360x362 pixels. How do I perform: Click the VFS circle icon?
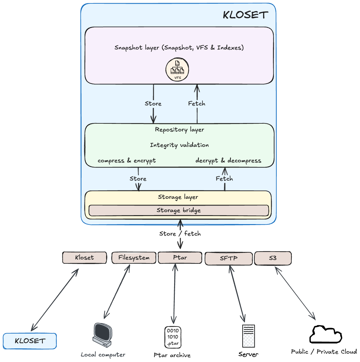point(177,70)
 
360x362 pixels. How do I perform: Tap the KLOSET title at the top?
point(245,15)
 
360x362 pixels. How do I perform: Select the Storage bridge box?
point(179,211)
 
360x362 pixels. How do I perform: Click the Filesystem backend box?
point(134,258)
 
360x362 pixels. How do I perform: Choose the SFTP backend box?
point(228,258)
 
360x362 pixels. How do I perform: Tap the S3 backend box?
point(273,258)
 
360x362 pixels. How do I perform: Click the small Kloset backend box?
point(84,258)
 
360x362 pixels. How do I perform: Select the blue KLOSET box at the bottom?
point(30,341)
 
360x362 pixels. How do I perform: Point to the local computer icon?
point(102,335)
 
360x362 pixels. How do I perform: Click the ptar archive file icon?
point(173,337)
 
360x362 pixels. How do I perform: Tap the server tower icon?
point(249,336)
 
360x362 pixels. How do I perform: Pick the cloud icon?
point(325,335)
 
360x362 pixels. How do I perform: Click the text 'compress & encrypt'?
point(127,161)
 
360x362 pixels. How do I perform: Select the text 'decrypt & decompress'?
point(228,161)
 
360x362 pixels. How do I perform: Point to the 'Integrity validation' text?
point(179,145)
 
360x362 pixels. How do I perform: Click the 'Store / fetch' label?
point(180,234)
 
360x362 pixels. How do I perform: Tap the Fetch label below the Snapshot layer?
point(197,104)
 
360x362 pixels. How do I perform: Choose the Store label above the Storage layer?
point(138,179)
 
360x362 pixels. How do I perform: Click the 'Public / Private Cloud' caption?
point(324,352)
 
